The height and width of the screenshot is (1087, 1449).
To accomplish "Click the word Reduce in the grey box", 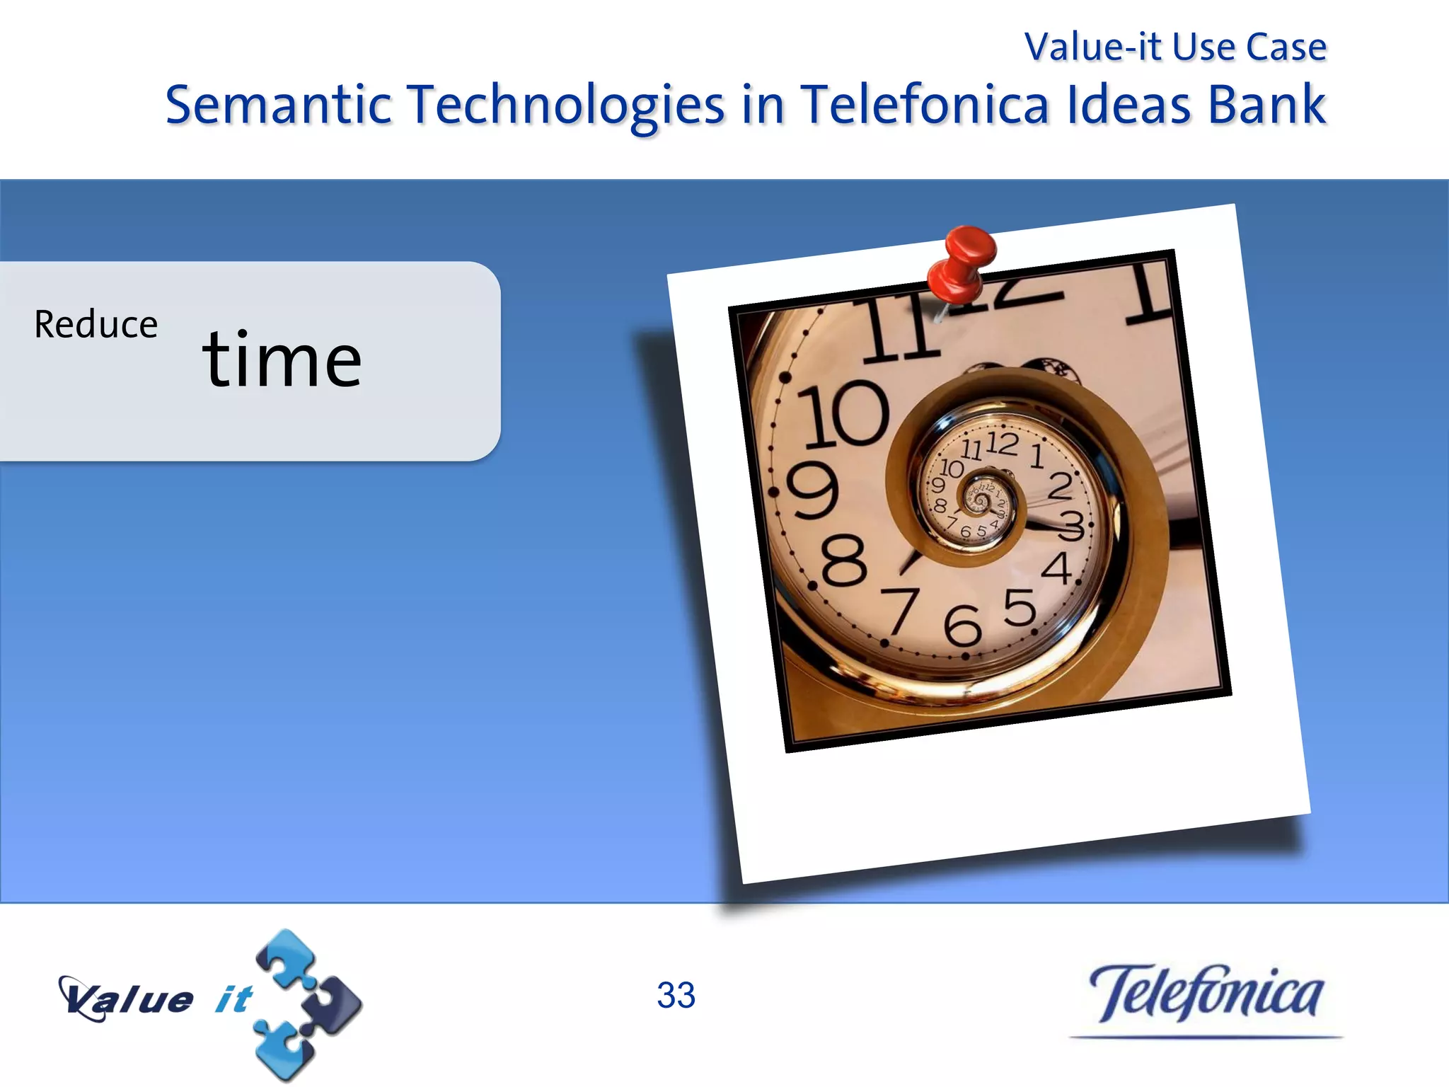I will pos(96,325).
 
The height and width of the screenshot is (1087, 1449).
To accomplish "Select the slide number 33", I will pos(676,995).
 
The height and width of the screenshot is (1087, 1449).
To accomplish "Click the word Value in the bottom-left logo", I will pos(127,999).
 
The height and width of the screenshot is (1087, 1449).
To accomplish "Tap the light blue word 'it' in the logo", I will pos(233,999).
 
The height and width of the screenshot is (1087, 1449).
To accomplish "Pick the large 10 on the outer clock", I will pos(843,414).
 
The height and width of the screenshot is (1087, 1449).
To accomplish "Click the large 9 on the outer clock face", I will pos(813,491).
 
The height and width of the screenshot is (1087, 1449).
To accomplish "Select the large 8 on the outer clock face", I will pos(843,560).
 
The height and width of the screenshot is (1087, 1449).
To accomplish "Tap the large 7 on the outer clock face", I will pos(900,610).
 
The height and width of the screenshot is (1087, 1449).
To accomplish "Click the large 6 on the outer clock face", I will pos(962,626).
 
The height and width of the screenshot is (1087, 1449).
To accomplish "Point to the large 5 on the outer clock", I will pos(1020,608).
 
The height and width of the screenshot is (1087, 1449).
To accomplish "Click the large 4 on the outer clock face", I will pos(1057,568).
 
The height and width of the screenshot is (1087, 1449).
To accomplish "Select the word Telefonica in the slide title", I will pos(924,105).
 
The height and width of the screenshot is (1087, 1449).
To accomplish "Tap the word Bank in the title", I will pos(1266,105).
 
